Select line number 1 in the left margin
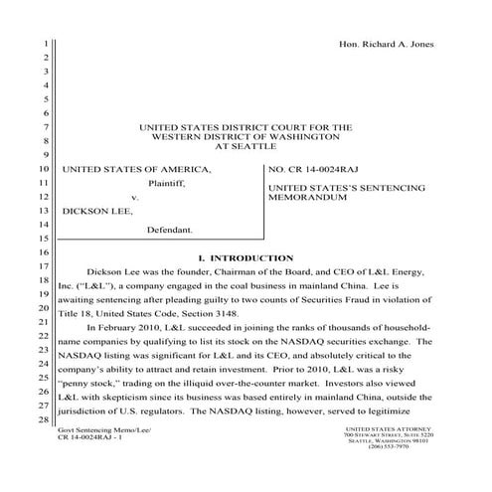45,45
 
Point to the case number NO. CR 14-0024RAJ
316,169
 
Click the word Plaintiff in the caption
166,183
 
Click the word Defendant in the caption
169,230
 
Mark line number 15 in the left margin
45,240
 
